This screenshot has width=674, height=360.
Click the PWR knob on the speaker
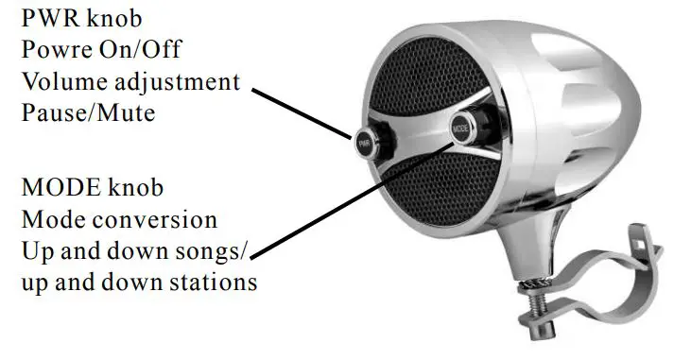(x=365, y=144)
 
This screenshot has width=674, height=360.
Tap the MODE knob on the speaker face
(x=462, y=125)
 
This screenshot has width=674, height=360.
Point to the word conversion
(x=158, y=220)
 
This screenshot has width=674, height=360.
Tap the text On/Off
(x=149, y=49)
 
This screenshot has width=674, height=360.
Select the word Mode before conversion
(x=54, y=220)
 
